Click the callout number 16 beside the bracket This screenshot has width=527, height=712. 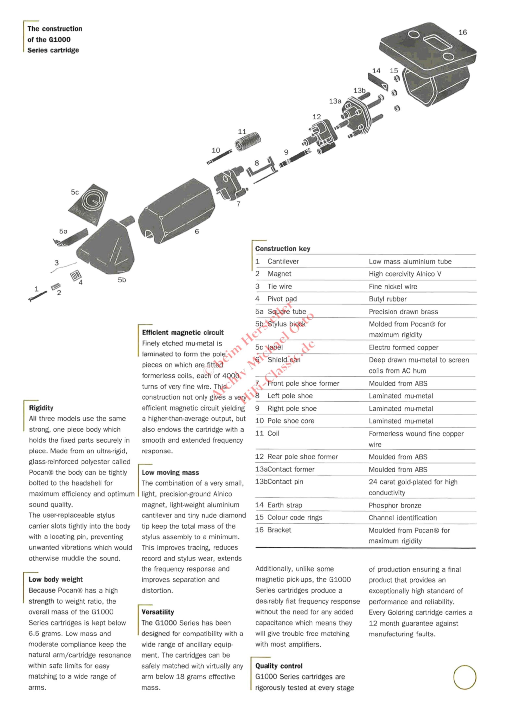(x=463, y=32)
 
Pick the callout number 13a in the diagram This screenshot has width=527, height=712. (x=335, y=101)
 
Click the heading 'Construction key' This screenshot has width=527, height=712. (x=282, y=249)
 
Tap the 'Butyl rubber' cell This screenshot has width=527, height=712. (x=388, y=299)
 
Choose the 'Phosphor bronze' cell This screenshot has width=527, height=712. (x=395, y=505)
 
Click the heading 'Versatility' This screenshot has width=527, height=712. (x=158, y=612)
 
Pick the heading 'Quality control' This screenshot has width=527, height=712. (x=279, y=666)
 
